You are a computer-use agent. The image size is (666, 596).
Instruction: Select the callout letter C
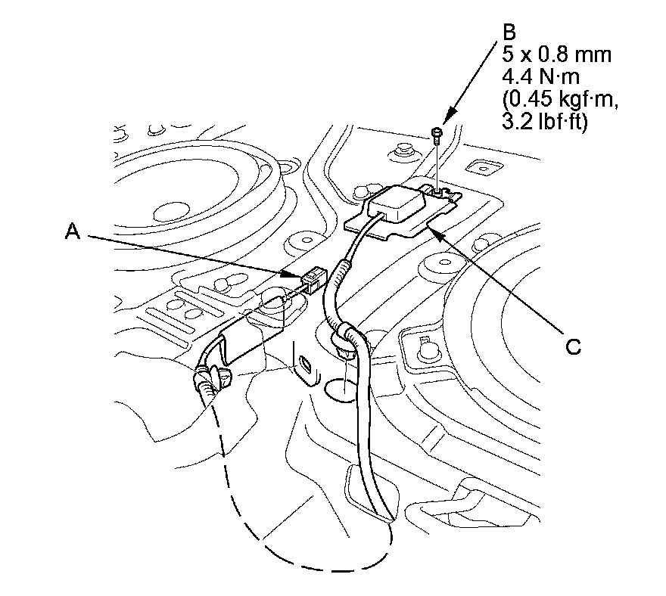[574, 346]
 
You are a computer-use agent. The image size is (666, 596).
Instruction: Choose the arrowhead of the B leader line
[447, 120]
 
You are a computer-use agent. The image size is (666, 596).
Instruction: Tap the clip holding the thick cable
[349, 338]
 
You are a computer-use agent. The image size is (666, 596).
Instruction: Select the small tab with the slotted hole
[306, 368]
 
